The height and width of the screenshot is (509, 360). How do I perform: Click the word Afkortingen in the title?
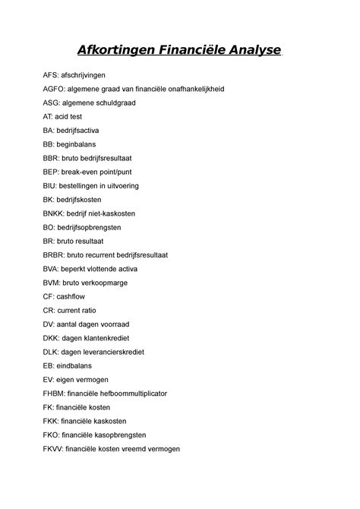click(x=125, y=51)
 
